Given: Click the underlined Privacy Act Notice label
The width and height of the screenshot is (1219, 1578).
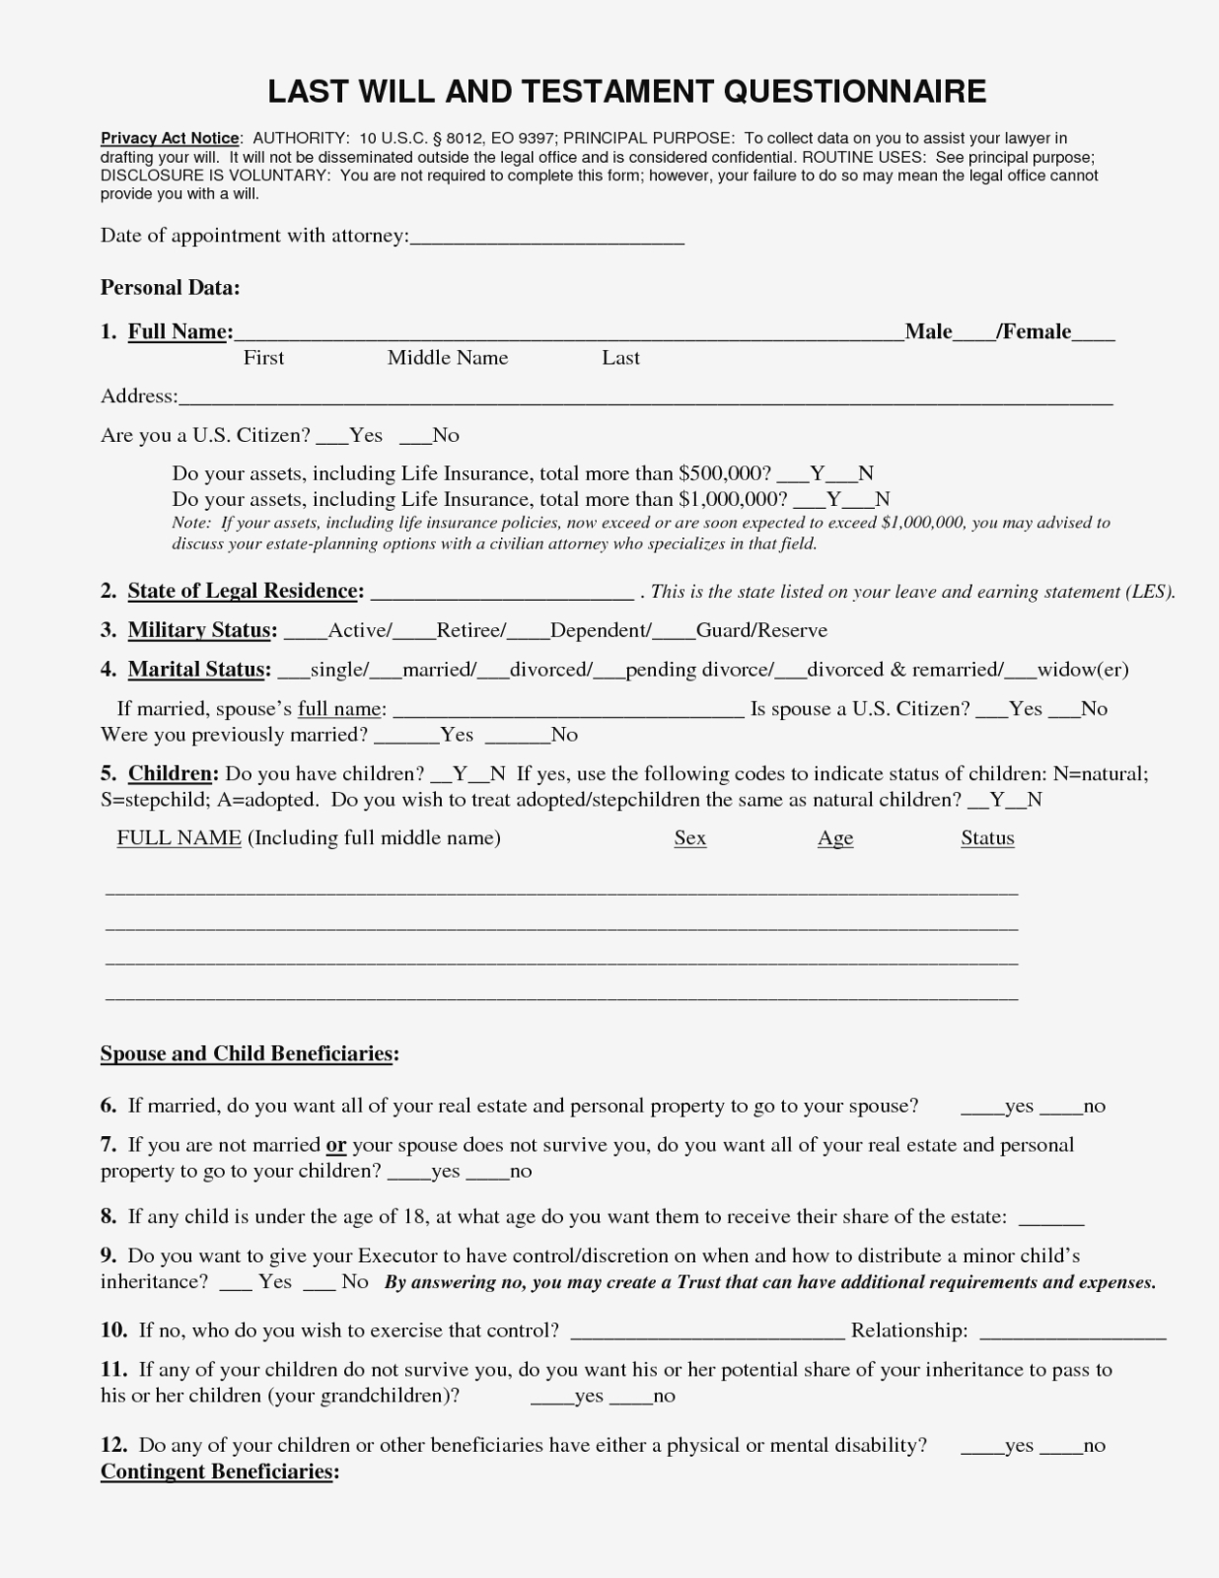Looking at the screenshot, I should click(x=170, y=138).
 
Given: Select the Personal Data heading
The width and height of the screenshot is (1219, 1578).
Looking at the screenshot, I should click(x=170, y=288).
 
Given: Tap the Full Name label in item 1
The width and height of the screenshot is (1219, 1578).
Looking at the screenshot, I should click(x=179, y=331).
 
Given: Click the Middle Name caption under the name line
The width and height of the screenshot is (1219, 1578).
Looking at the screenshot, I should click(x=448, y=358).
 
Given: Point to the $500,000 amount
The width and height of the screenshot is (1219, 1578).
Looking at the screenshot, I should click(x=725, y=473).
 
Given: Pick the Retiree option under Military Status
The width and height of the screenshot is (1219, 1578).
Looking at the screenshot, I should click(x=470, y=630).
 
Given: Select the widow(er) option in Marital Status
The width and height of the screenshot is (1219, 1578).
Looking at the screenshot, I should click(x=1082, y=670).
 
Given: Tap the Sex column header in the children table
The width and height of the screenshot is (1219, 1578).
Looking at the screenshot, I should click(x=690, y=838).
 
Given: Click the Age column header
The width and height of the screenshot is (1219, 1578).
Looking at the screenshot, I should click(x=835, y=838).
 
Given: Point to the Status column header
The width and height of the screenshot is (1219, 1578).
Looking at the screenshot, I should click(x=987, y=838).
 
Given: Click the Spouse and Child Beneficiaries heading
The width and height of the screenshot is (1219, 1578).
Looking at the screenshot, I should click(x=249, y=1053).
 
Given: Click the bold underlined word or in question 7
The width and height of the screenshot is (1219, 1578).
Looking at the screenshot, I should click(x=336, y=1145).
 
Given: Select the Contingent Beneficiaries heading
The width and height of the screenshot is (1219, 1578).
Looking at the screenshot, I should click(x=219, y=1471).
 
